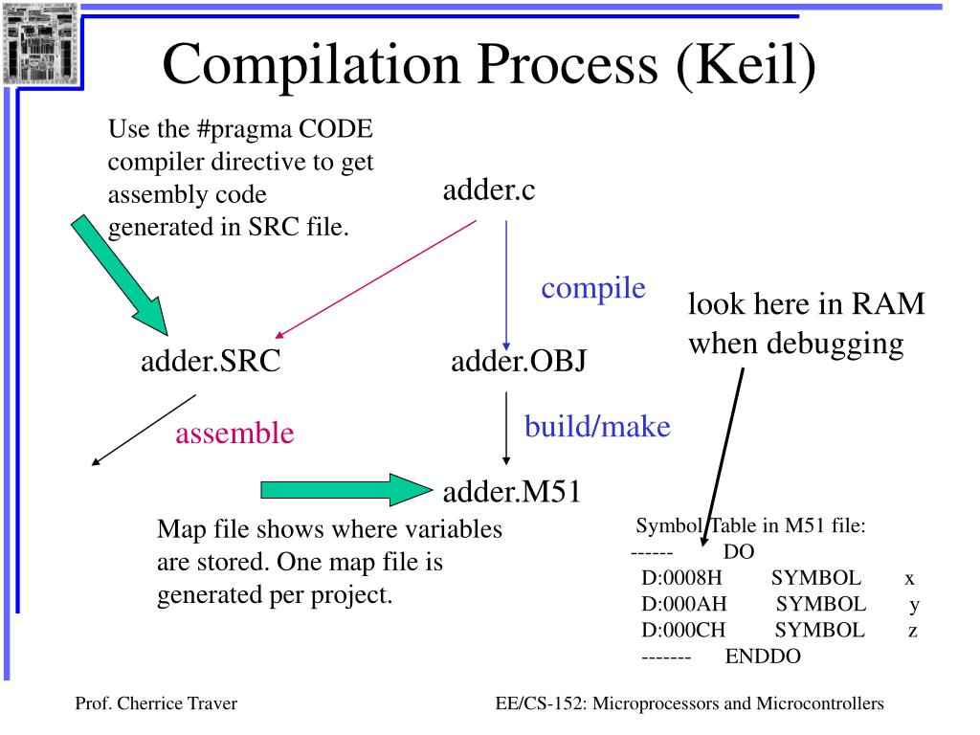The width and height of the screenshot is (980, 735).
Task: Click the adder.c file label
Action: pyautogui.click(x=489, y=190)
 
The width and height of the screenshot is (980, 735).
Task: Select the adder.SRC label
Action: pyautogui.click(x=211, y=362)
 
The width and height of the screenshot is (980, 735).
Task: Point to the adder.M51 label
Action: pyautogui.click(x=512, y=492)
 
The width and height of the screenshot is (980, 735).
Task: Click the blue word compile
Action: pyautogui.click(x=593, y=288)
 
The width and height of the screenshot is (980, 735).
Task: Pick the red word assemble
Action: pyautogui.click(x=234, y=434)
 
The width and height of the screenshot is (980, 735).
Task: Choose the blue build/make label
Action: pyautogui.click(x=597, y=426)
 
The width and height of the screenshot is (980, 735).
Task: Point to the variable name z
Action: pyautogui.click(x=913, y=630)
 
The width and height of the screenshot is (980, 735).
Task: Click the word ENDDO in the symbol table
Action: pyautogui.click(x=763, y=656)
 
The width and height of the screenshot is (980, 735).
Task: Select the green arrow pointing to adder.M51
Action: pyautogui.click(x=345, y=491)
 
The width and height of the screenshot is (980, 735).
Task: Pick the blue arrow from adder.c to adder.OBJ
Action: pyautogui.click(x=506, y=287)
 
